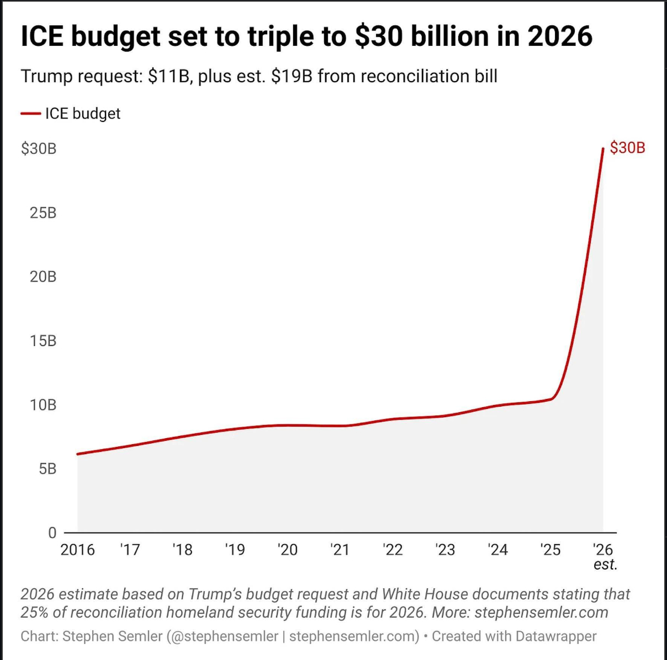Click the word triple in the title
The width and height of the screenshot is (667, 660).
coord(280,36)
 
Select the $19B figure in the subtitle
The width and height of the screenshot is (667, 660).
coord(292,76)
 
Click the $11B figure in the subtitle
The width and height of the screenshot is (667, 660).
coord(169,76)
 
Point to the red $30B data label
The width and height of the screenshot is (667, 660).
coord(627,148)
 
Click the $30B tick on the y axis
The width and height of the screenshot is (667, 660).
coord(39,149)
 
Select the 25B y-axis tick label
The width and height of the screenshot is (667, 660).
coord(43,213)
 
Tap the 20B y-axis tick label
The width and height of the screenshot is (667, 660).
coord(43,277)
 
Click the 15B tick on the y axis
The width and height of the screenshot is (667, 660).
coord(43,341)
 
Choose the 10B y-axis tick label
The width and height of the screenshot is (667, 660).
coord(43,405)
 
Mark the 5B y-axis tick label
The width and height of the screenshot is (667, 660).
coord(47,469)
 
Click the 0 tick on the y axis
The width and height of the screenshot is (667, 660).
coord(52,533)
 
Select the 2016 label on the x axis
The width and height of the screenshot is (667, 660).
coord(77,550)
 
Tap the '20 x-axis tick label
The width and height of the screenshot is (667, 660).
coord(287,550)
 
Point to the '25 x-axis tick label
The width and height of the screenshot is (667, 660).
coord(550,550)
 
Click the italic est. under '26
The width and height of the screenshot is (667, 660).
coord(605,565)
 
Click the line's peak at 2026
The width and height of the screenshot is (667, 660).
coord(603,148)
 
